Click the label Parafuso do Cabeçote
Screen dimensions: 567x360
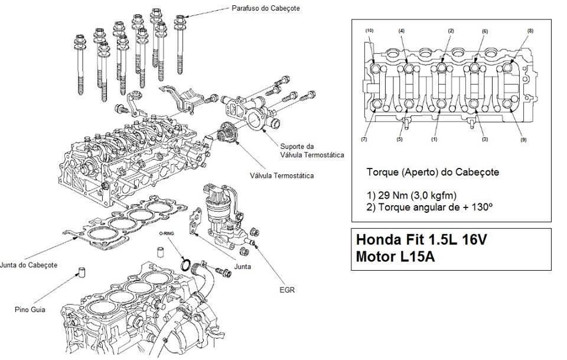pos(266,8)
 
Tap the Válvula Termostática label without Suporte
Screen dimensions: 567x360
pos(282,176)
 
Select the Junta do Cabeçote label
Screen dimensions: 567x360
pos(28,265)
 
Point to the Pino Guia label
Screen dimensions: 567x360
pos(30,310)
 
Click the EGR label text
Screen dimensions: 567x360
pos(287,290)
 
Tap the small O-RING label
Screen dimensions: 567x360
pos(167,233)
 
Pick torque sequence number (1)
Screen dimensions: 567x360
pos(434,139)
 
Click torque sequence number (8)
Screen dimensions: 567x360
pos(530,31)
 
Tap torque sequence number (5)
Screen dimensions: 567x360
pos(400,139)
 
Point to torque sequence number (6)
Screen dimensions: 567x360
pos(484,31)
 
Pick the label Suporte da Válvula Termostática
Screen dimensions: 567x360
pos(312,151)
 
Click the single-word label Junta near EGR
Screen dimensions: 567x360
pos(243,267)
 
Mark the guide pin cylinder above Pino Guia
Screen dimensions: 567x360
pos(82,272)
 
